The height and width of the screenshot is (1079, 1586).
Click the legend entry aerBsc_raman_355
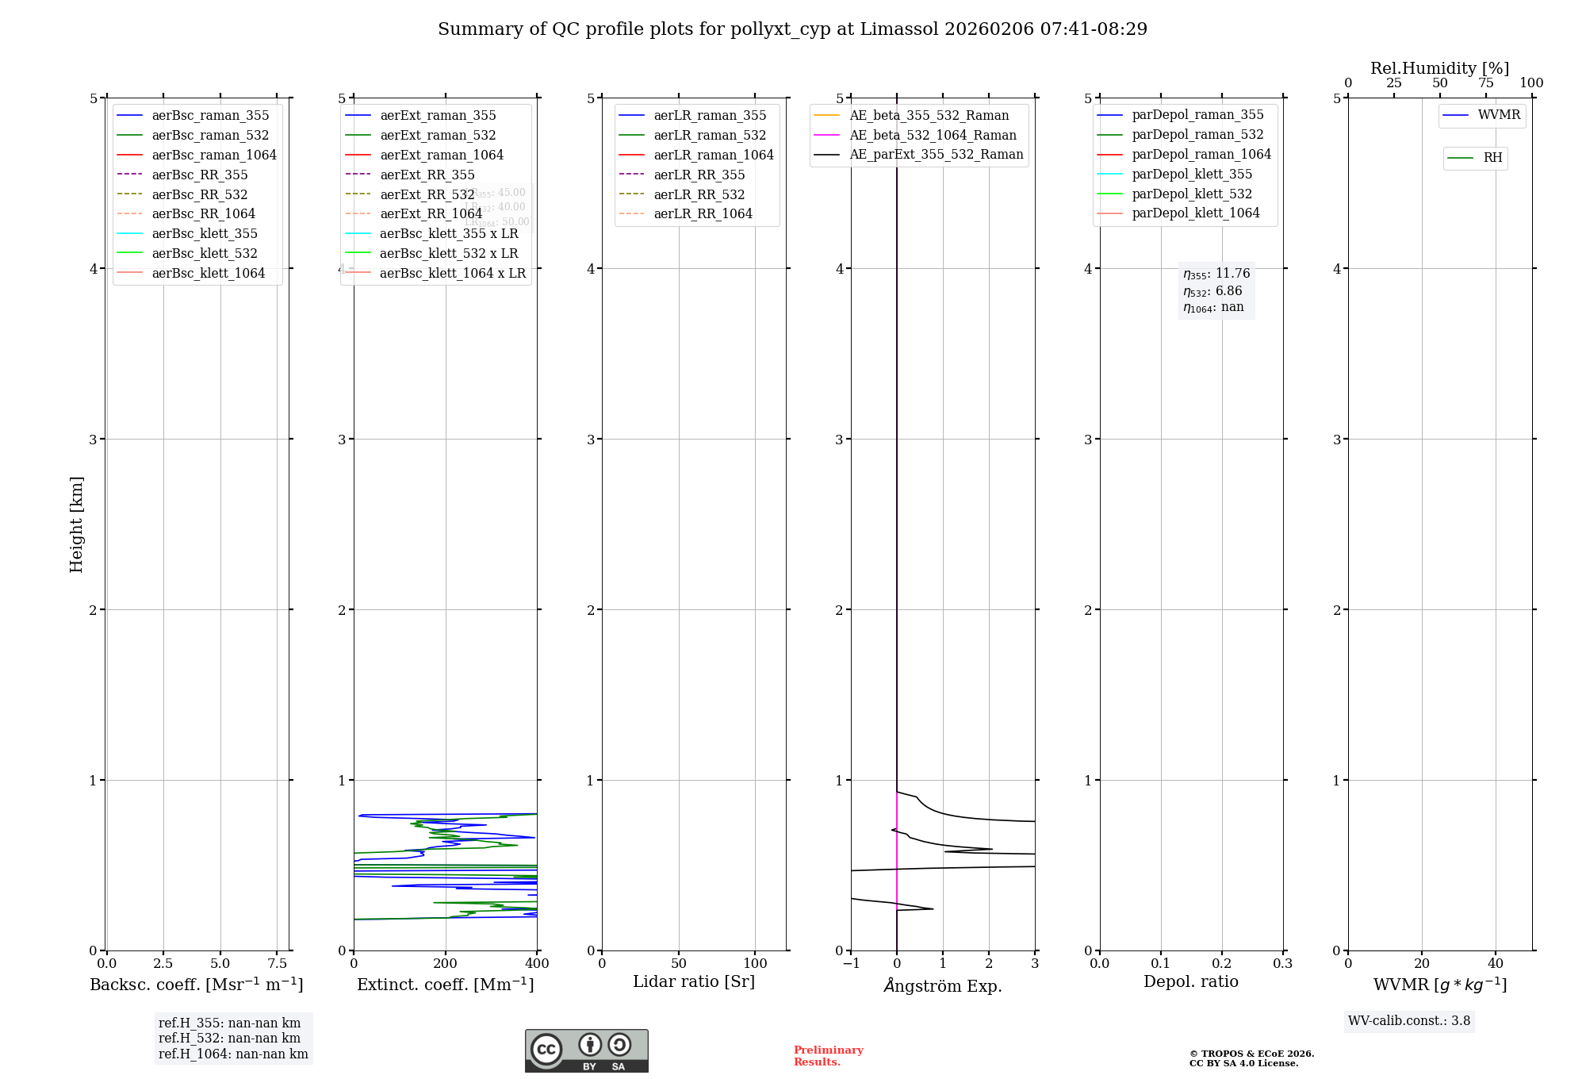click(x=210, y=116)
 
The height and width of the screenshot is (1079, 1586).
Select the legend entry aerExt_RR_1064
click(x=431, y=214)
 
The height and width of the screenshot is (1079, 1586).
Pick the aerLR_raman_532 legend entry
click(x=710, y=136)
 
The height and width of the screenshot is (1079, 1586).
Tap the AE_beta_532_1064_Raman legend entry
click(x=933, y=136)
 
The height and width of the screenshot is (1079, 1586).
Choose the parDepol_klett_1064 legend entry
click(x=1195, y=213)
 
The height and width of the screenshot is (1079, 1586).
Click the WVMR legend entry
click(x=1499, y=116)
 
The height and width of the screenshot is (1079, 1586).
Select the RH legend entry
click(x=1492, y=159)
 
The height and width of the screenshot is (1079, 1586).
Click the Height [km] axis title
click(x=76, y=524)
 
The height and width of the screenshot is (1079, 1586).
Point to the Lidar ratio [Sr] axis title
click(x=694, y=982)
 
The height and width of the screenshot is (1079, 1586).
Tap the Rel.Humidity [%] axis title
click(x=1439, y=68)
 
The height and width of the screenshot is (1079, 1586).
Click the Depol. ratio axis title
click(x=1190, y=982)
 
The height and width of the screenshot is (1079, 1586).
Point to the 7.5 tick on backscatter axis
click(x=277, y=964)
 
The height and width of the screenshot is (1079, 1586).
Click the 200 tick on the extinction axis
click(x=446, y=964)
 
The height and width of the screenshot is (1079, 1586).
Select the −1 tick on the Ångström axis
click(x=851, y=964)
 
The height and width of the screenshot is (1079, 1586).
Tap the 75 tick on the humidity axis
click(x=1485, y=83)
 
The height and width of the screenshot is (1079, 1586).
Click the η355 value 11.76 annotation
click(x=1216, y=274)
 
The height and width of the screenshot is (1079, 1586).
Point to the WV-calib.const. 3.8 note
click(x=1409, y=1021)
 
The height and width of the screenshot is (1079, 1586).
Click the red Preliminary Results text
click(x=828, y=1056)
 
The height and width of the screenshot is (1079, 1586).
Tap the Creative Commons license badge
click(x=586, y=1051)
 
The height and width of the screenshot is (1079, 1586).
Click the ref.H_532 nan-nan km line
click(x=229, y=1039)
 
